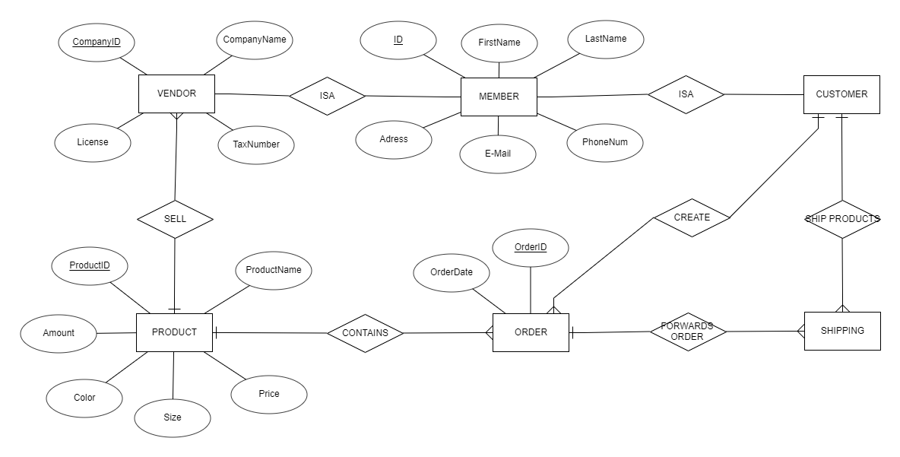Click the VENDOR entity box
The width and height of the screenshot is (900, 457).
(x=176, y=94)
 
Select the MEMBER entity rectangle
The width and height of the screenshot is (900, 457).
(x=499, y=97)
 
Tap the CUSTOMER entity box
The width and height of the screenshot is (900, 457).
(x=841, y=94)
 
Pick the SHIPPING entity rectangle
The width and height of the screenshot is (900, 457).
(x=842, y=331)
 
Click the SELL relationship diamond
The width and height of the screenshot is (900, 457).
(x=175, y=219)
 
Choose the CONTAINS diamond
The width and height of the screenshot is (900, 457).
(x=365, y=332)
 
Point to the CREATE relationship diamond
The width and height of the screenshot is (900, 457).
(x=692, y=217)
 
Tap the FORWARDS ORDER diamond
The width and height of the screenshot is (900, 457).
(x=687, y=332)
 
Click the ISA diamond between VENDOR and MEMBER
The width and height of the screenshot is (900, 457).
(x=327, y=96)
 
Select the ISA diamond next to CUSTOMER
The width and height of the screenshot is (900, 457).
(x=686, y=94)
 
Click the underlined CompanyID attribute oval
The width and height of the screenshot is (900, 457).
(x=97, y=42)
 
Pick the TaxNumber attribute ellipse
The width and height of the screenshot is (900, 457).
(x=256, y=144)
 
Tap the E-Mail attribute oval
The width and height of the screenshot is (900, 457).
(x=498, y=154)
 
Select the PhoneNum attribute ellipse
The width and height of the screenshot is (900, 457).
(x=605, y=142)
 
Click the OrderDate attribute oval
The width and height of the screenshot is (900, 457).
(x=452, y=273)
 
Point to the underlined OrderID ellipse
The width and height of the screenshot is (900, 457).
(x=531, y=248)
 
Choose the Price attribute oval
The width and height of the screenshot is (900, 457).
(x=269, y=394)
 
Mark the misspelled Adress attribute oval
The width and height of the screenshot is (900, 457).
(x=394, y=139)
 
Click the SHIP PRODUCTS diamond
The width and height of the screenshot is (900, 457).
(x=842, y=219)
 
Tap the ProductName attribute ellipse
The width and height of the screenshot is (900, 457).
(x=273, y=270)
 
